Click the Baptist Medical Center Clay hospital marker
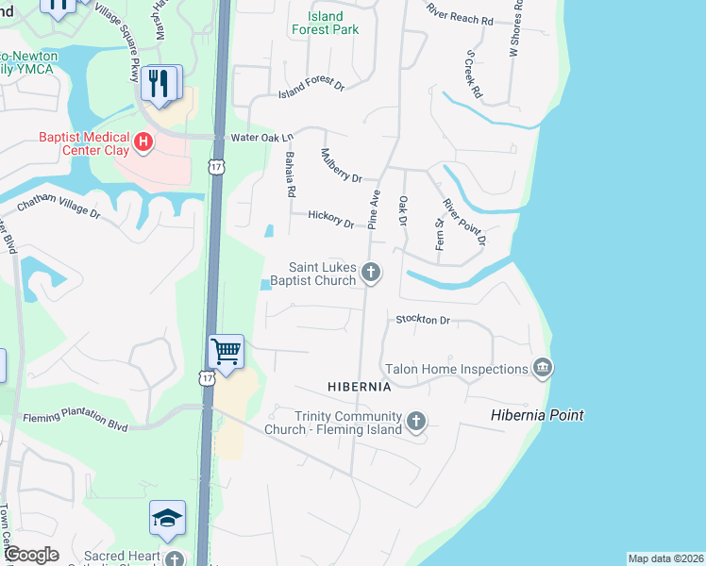(143, 143)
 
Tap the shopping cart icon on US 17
(227, 353)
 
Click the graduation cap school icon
(167, 518)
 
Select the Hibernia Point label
(537, 415)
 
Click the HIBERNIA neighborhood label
(359, 387)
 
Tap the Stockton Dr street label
(424, 320)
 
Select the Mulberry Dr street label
(341, 165)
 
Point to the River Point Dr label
(463, 222)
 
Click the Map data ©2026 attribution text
(665, 558)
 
